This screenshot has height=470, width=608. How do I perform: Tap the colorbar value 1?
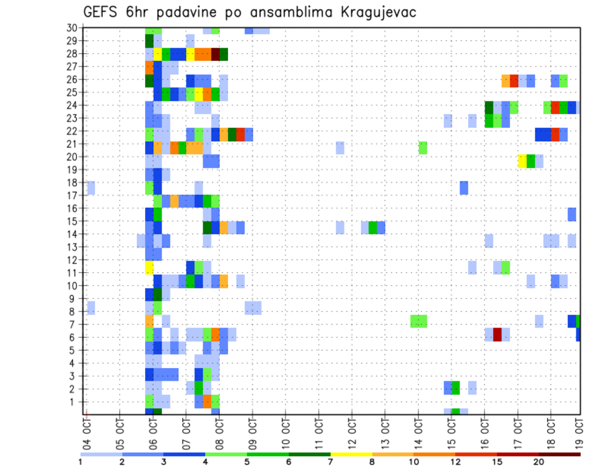coord(80,462)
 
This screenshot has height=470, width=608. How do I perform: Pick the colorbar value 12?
coord(455,462)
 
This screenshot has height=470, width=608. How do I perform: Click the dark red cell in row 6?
coord(497,334)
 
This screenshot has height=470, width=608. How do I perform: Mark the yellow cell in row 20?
coord(522,161)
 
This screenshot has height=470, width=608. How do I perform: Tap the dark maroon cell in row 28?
coord(215,54)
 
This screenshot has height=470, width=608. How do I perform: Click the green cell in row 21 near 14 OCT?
coord(422,148)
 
